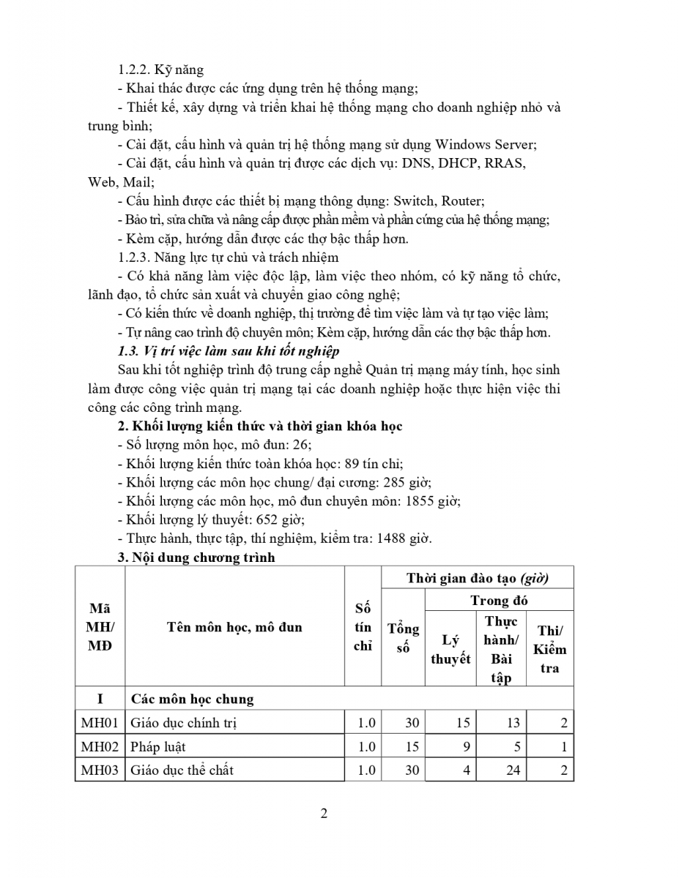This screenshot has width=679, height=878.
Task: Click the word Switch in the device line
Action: click(415, 200)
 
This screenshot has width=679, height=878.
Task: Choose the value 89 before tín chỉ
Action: click(341, 463)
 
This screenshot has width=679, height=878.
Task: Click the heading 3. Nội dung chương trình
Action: click(196, 558)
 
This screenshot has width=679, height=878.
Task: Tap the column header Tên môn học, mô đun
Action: click(234, 627)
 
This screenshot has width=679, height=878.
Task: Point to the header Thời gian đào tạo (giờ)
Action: click(478, 578)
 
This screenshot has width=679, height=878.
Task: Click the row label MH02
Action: click(100, 747)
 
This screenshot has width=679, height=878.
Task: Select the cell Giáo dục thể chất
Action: click(182, 770)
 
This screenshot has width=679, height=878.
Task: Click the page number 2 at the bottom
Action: click(324, 814)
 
